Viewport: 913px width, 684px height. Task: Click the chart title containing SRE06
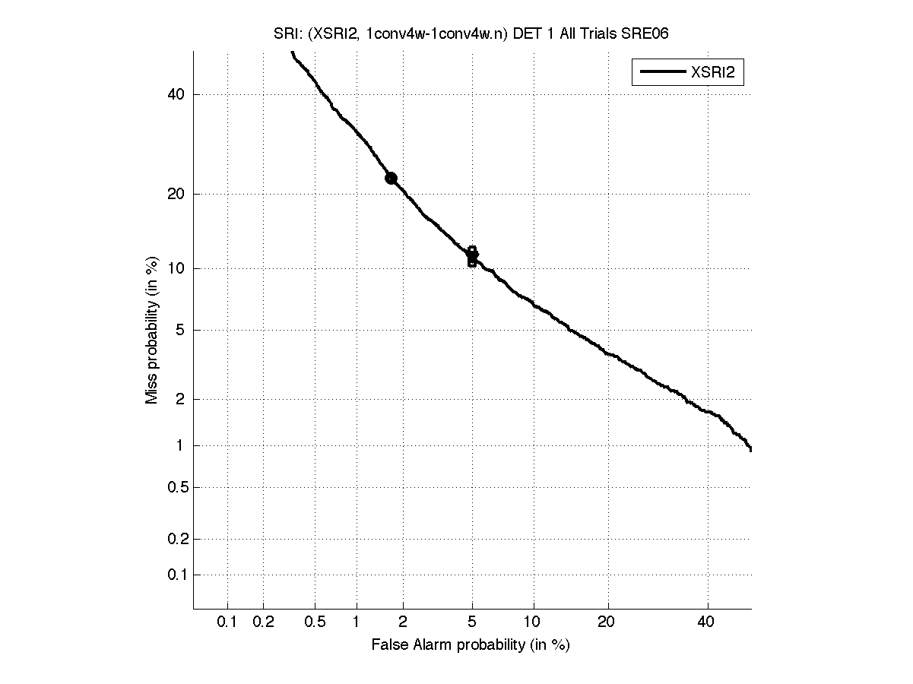click(x=471, y=33)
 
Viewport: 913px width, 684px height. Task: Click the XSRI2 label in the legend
click(x=716, y=73)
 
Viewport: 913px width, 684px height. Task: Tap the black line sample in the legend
click(x=661, y=73)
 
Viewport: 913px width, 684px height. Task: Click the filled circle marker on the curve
click(x=391, y=178)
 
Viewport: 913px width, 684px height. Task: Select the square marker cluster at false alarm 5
click(x=472, y=256)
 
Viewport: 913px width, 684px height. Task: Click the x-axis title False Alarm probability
click(x=471, y=645)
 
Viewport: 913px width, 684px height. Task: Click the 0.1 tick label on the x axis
click(x=227, y=622)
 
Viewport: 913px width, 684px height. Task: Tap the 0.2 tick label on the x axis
click(x=263, y=622)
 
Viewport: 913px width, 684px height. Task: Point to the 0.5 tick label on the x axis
click(x=315, y=622)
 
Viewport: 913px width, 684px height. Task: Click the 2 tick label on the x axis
click(x=403, y=622)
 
